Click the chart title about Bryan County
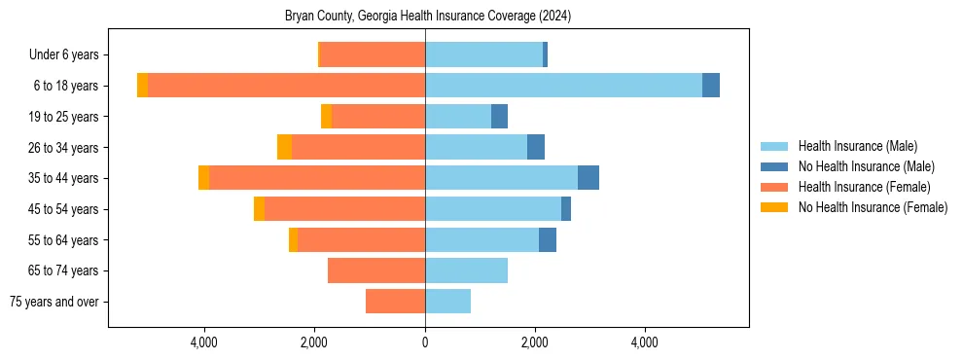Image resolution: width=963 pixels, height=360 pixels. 428,17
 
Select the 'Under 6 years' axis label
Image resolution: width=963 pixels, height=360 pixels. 63,55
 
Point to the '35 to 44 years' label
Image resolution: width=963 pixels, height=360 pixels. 64,178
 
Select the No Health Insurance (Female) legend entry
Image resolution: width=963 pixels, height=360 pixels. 872,207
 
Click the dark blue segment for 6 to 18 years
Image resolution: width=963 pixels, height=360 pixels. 711,86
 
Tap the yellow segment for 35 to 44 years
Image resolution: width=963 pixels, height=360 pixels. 203,178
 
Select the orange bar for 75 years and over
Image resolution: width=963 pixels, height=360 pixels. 395,302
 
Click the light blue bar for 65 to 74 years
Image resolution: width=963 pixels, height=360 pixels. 466,270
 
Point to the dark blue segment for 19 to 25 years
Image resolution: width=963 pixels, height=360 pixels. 499,117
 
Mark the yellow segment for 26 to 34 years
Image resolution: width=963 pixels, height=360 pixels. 284,147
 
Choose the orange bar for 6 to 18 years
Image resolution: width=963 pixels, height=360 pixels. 286,86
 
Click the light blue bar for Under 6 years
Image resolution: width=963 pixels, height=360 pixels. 483,55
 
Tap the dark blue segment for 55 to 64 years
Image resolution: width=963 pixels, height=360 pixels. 548,239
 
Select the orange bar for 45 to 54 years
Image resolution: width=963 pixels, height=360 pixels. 344,209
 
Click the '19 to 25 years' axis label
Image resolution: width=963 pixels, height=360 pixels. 64,117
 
